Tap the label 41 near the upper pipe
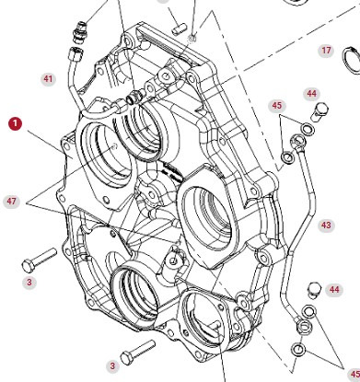tap(48, 79)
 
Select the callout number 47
tap(12, 201)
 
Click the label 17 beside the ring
tap(326, 51)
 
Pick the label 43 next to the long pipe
tap(326, 225)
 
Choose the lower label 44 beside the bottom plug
tap(334, 289)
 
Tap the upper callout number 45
tap(276, 106)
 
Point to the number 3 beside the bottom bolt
tap(112, 365)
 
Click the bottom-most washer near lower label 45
tap(298, 351)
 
